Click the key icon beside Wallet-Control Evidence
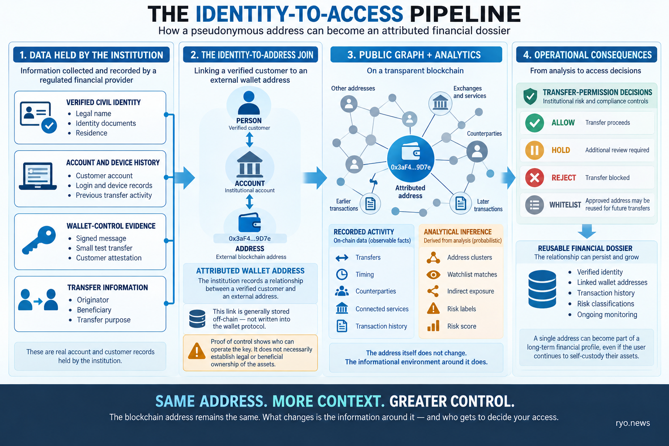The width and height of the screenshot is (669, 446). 39,240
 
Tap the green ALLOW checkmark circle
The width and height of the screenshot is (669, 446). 534,123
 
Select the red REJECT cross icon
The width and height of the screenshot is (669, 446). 534,178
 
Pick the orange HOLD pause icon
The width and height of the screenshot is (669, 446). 534,150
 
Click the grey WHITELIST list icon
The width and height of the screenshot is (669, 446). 534,205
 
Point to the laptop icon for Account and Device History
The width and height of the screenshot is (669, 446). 37,176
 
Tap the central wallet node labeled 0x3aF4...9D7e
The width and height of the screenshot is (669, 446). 411,159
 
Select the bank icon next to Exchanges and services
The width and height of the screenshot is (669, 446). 440,104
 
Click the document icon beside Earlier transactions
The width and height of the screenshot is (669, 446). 370,204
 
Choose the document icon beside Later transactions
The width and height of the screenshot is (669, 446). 460,203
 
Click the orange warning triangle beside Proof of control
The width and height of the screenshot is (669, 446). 196,351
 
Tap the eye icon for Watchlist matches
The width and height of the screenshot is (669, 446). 433,274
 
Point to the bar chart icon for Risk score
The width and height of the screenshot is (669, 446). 433,326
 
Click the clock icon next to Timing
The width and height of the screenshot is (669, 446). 341,274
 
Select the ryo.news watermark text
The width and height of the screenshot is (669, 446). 632,423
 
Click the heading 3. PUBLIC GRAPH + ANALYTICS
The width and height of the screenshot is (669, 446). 414,55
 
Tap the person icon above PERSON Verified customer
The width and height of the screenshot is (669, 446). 249,103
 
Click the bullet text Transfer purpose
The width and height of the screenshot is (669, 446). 104,320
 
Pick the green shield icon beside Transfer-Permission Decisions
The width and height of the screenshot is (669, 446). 530,96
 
